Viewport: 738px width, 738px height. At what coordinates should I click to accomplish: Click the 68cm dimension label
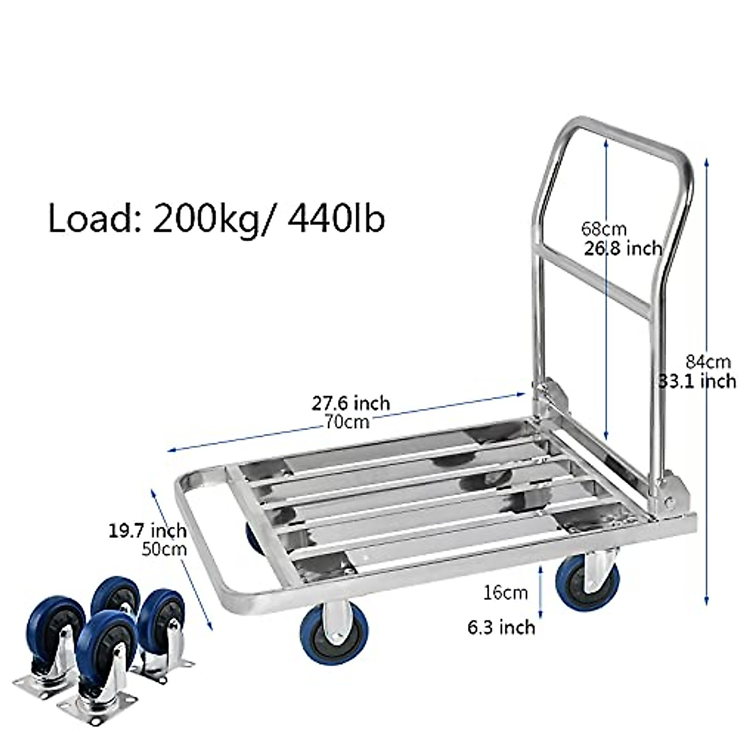[603, 229]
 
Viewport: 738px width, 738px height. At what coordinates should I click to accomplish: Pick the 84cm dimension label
[708, 361]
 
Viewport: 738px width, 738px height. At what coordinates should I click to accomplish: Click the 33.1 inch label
[697, 381]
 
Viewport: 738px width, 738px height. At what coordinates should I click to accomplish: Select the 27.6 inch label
[351, 403]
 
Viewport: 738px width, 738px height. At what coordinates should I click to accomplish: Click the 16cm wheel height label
[505, 593]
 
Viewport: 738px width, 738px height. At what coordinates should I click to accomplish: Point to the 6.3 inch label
[501, 627]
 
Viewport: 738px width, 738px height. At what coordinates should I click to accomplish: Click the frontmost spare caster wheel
[105, 646]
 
